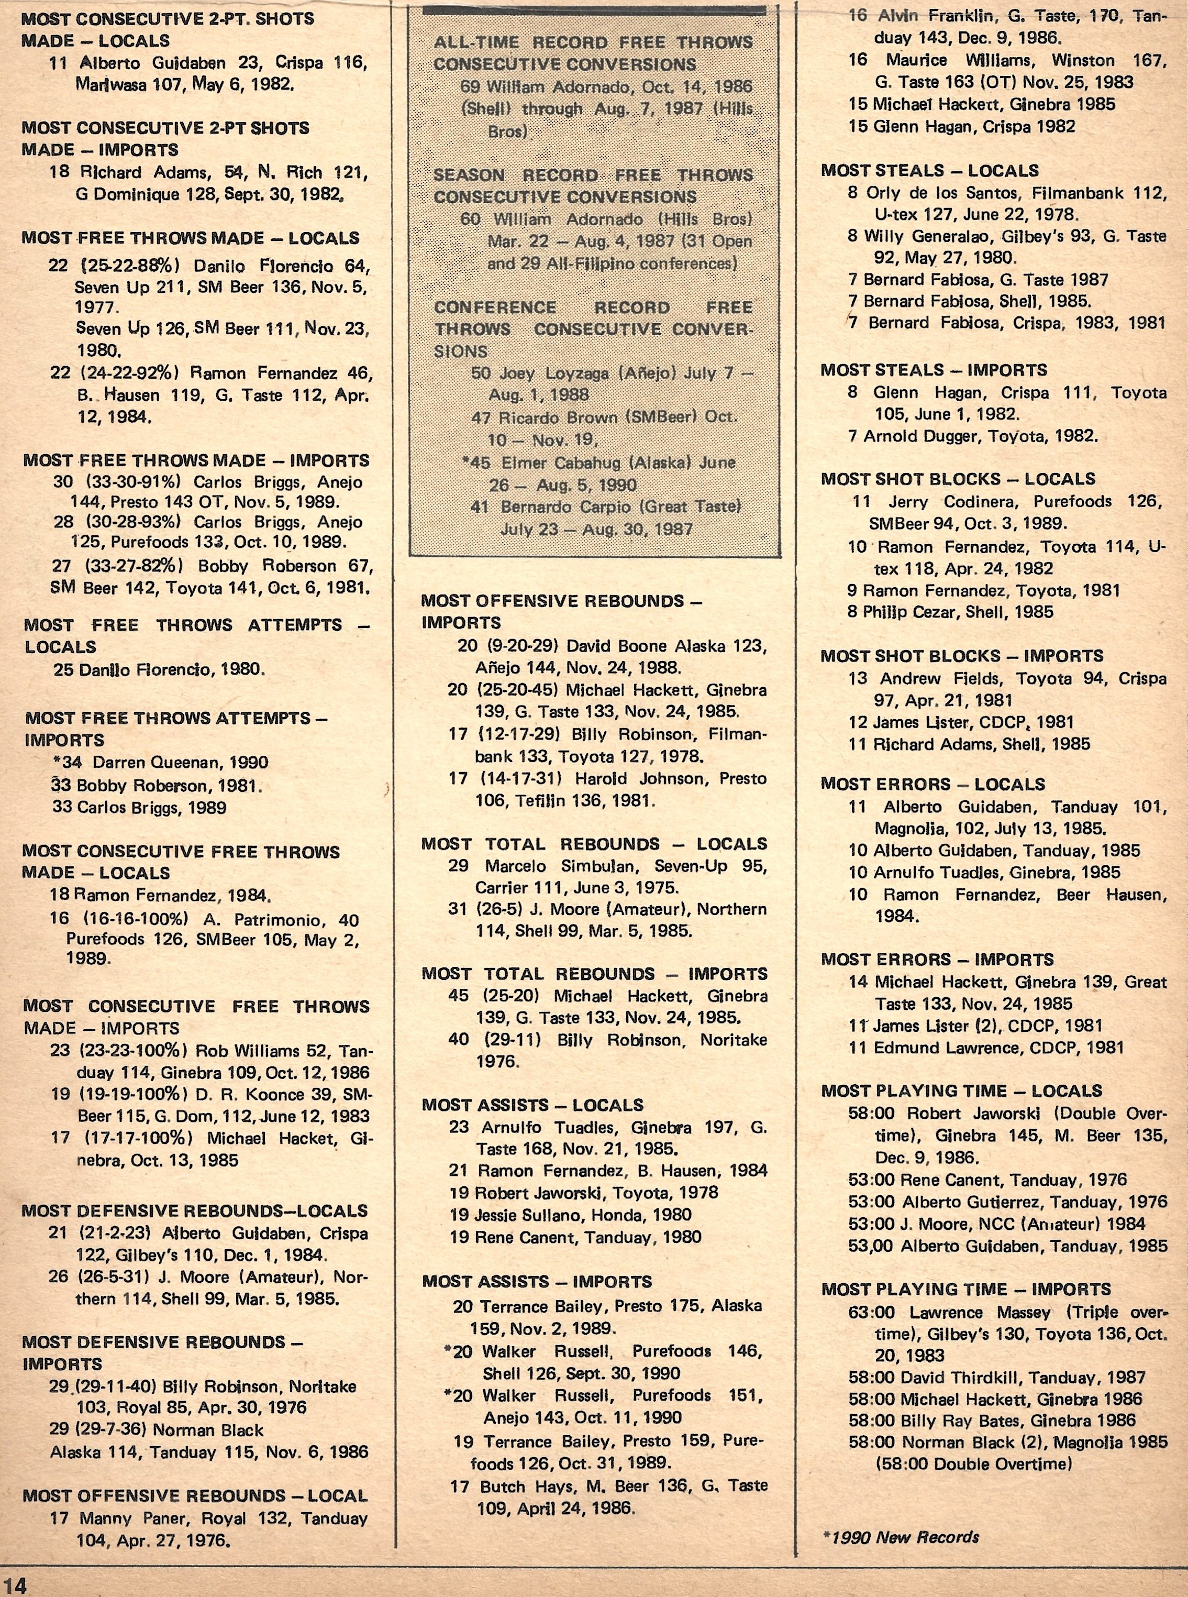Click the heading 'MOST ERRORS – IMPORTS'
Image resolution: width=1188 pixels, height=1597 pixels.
[937, 959]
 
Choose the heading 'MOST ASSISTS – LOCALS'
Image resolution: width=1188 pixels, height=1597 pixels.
[532, 1105]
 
